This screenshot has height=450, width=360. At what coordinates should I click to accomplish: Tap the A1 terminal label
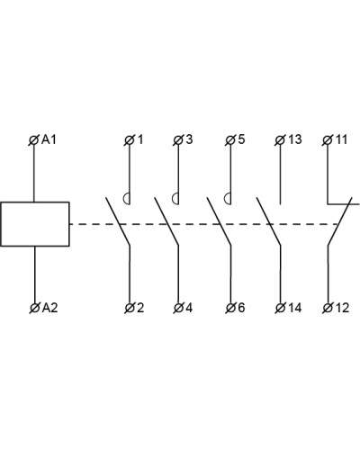point(49,139)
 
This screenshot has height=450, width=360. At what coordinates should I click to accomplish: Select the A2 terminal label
point(49,308)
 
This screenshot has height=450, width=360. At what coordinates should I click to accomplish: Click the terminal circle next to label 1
point(130,140)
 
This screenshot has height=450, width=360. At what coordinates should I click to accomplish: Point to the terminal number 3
point(189,139)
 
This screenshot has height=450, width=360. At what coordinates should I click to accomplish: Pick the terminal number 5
point(241,139)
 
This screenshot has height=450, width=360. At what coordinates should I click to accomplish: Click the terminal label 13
point(295,139)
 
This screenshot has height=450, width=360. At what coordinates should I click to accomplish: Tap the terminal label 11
point(341,139)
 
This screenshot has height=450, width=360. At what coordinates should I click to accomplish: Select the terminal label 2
point(140,308)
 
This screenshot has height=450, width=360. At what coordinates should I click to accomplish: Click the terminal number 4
point(189,308)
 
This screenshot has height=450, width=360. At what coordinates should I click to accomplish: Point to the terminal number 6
point(241,308)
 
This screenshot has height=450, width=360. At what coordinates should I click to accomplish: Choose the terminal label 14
point(294,308)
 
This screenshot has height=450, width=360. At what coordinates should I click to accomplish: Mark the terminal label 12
point(342,308)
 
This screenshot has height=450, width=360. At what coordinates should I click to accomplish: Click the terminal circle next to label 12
point(328,308)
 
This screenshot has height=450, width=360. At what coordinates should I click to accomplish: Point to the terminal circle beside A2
point(35,308)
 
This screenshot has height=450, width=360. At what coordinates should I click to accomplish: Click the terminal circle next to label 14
point(280,308)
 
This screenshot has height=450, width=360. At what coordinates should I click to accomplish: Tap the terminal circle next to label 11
point(328,140)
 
